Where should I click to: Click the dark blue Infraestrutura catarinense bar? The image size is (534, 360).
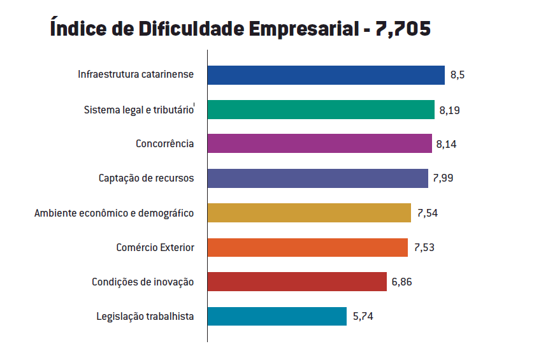(x=326, y=75)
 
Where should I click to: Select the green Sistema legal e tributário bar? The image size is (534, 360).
(x=321, y=110)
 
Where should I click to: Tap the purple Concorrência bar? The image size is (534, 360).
(x=319, y=144)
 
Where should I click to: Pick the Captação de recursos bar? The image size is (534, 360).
(x=317, y=178)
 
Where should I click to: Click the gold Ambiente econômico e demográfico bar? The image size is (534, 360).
(x=309, y=213)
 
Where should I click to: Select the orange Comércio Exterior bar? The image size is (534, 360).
(x=307, y=247)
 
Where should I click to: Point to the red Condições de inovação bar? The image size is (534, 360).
(x=297, y=282)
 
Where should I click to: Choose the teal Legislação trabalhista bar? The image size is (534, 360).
(x=277, y=316)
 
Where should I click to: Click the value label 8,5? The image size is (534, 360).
(x=458, y=75)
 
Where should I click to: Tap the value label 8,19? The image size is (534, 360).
(x=449, y=110)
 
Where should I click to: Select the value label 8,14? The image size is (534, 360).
(x=446, y=145)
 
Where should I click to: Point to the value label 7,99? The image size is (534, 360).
(x=443, y=179)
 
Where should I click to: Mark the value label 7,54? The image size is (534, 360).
(x=427, y=213)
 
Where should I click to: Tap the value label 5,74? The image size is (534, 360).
(x=362, y=317)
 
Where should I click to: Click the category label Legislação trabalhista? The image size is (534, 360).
(x=145, y=317)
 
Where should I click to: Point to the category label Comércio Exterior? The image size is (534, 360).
(x=155, y=248)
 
